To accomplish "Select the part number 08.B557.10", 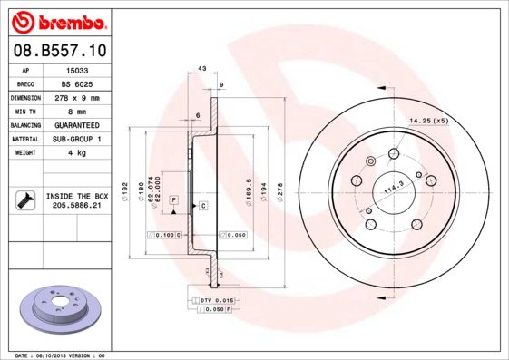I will point(60,51).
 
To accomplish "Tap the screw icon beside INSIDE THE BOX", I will point(24,200).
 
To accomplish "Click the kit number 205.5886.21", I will point(77,206).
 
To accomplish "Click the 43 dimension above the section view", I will point(201,69).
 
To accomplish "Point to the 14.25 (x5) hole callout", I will point(429,121).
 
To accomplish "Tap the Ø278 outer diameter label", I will point(280,192).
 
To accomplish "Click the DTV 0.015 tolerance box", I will point(216,298).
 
